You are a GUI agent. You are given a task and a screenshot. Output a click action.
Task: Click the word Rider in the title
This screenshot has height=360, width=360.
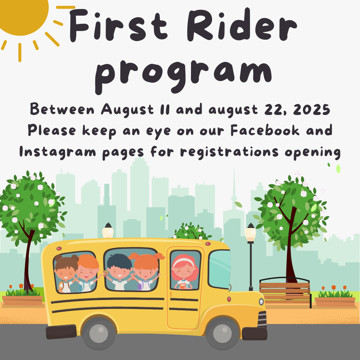tap(242, 25)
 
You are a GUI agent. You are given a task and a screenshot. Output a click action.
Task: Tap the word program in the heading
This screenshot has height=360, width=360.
tap(183, 75)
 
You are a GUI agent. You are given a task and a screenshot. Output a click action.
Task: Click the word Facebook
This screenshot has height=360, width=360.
tap(265, 130)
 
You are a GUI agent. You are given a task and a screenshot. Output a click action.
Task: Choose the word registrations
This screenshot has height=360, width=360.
tap(229, 152)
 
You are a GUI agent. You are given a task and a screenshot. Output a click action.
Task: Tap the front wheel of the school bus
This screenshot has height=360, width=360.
tap(222, 333)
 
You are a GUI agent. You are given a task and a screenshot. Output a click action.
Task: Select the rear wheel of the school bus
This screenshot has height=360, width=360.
tap(99, 333)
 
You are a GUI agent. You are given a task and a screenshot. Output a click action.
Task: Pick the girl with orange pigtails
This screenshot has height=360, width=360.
tap(146, 272)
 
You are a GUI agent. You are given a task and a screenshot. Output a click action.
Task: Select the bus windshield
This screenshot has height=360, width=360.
tap(219, 269)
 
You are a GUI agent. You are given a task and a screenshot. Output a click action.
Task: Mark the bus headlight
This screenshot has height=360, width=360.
tap(261, 302)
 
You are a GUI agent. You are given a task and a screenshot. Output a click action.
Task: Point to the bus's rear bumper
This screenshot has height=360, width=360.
tap(61, 332)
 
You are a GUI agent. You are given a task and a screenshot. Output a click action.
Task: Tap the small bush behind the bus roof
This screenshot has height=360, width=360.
tap(191, 231)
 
